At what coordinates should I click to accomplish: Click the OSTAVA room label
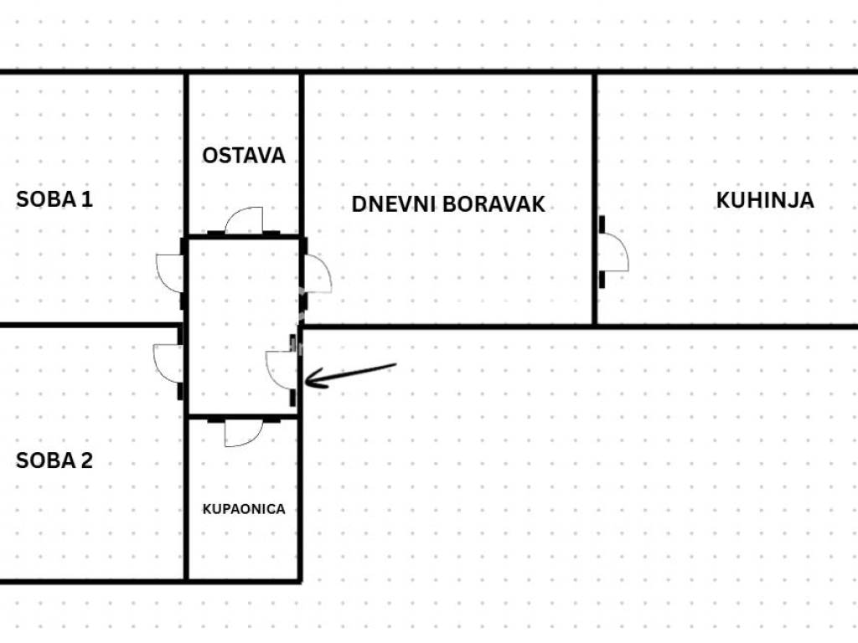pos(244,156)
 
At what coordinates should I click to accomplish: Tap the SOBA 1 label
pos(54,199)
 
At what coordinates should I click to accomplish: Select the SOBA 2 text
pos(54,460)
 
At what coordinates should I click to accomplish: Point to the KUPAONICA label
pos(244,509)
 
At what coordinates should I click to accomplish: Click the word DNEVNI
pos(394,204)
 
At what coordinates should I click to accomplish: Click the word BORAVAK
pos(494,204)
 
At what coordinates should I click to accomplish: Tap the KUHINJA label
pos(765,200)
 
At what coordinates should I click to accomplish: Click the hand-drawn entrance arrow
pos(350,375)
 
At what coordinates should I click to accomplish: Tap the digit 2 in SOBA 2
pos(86,460)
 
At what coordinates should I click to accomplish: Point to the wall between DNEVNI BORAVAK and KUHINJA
pos(595,198)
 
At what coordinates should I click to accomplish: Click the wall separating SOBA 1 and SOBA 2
pos(90,326)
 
